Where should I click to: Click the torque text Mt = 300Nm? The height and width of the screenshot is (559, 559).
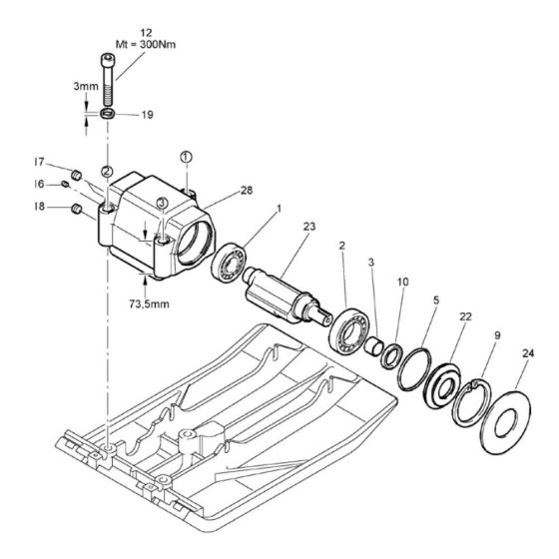tap(146, 45)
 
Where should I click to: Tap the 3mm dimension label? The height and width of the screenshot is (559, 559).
tap(86, 86)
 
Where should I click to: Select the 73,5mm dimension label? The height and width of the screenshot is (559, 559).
tap(149, 304)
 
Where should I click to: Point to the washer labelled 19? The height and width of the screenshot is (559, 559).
tap(108, 114)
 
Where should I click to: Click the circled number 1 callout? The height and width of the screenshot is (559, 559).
tap(186, 158)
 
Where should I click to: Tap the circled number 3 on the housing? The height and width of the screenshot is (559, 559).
tap(162, 204)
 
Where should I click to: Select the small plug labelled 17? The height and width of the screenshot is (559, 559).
tap(76, 175)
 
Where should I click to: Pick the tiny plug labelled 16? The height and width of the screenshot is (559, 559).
tap(65, 184)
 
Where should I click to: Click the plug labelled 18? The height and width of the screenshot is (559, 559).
tap(76, 210)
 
